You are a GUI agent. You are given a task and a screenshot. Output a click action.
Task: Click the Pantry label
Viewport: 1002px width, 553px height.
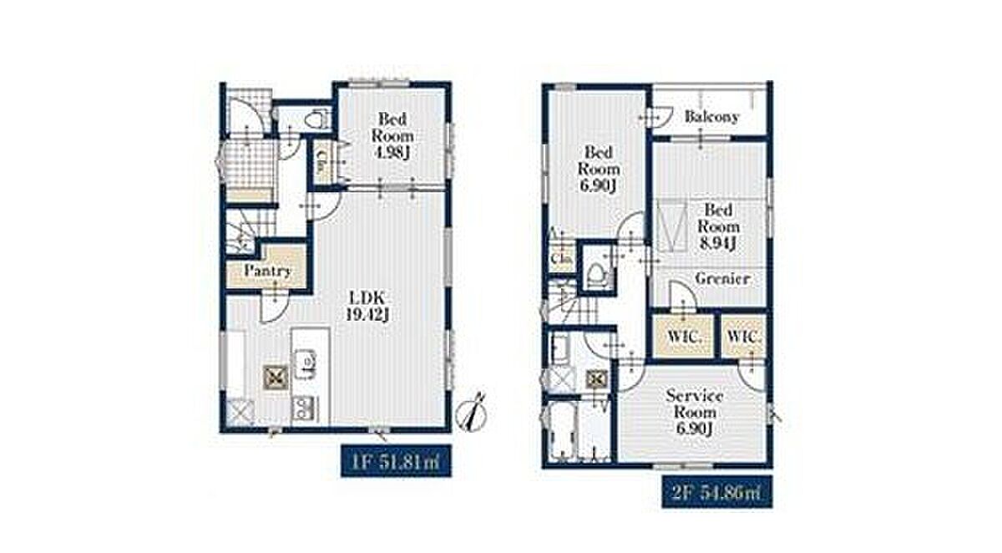[x=267, y=271]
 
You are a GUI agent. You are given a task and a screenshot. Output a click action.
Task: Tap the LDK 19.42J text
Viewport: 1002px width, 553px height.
[x=367, y=306]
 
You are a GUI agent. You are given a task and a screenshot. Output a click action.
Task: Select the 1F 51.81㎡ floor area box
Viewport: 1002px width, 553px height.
[x=396, y=461]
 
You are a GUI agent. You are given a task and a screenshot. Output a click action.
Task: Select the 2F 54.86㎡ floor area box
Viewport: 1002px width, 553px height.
[x=717, y=492]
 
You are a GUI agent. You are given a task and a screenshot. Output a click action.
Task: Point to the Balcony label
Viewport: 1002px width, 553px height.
[x=711, y=117]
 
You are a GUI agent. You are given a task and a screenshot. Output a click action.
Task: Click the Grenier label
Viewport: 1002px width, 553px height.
[x=722, y=279]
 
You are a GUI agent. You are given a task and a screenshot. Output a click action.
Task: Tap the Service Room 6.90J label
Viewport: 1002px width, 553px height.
[x=695, y=412]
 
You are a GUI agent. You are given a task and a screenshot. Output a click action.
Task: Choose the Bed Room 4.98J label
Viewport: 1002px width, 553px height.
[x=392, y=135]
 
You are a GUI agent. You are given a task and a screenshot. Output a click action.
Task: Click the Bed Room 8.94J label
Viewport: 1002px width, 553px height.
[x=718, y=226]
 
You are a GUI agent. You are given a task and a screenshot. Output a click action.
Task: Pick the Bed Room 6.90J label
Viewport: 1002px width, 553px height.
[x=599, y=169]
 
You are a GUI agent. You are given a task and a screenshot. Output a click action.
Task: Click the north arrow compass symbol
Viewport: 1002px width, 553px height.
[x=472, y=413]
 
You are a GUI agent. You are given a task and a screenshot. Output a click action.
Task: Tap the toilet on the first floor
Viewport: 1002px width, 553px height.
[x=316, y=119]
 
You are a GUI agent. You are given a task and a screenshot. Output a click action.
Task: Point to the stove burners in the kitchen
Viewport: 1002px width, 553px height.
[x=305, y=408]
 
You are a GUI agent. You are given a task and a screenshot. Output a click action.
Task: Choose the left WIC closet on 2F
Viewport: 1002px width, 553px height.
[x=683, y=336]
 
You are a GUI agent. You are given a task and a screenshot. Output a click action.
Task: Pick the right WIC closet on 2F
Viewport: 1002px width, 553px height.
[x=743, y=336]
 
